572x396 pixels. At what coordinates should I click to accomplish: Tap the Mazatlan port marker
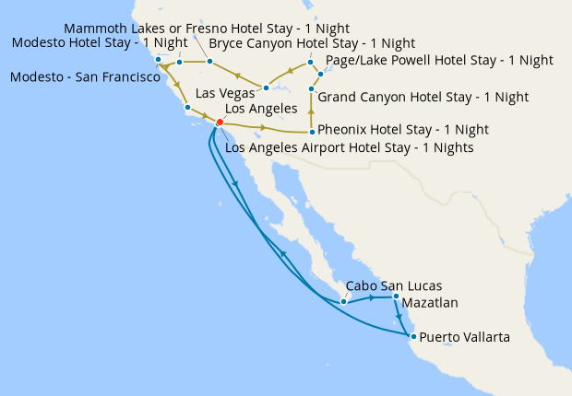pos(396,297)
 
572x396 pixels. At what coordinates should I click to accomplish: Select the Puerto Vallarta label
pos(464,338)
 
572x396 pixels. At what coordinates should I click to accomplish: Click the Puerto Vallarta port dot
pos(412,337)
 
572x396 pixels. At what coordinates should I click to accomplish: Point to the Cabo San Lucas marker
pos(343,301)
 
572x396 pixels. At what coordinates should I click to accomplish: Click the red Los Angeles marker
pos(220,122)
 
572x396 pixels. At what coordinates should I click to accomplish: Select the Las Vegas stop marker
pos(266,88)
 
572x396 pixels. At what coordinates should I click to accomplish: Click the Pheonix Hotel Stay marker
pos(312,132)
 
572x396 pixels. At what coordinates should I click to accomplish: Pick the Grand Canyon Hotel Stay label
pos(423,96)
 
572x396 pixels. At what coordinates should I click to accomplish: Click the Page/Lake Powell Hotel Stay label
pos(439,60)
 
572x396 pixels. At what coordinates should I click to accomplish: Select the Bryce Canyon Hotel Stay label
pos(312,43)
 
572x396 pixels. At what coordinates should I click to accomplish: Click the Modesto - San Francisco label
pos(85,77)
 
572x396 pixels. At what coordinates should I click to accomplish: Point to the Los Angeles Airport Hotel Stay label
pos(349,147)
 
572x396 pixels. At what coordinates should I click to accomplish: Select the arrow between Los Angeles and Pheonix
pos(266,127)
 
